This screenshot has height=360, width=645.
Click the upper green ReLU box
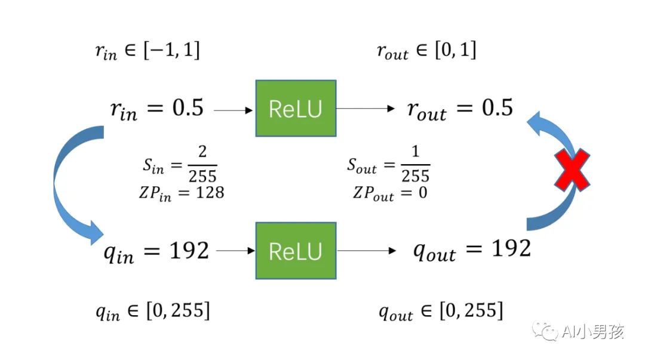[x=296, y=108]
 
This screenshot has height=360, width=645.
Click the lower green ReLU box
[x=296, y=251]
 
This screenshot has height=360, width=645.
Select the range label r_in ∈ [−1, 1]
[x=147, y=51]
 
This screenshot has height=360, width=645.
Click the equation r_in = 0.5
[x=156, y=109]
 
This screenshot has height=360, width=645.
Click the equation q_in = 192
[x=156, y=251]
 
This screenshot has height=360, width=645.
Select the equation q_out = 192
[x=472, y=250]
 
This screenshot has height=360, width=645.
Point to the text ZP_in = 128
[x=180, y=193]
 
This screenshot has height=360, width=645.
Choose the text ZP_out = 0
[x=389, y=193]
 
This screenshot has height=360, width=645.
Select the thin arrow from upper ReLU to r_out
[x=365, y=109]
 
